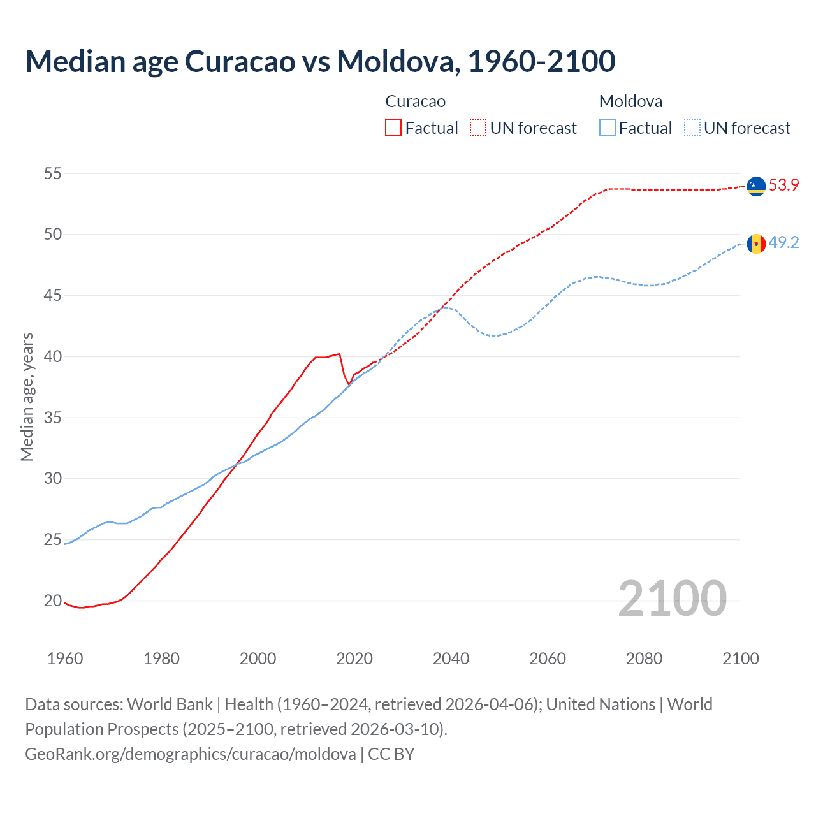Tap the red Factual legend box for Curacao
pyautogui.click(x=393, y=127)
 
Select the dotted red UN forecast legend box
pyautogui.click(x=478, y=127)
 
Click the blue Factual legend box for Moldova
pyautogui.click(x=608, y=127)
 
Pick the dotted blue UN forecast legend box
pyautogui.click(x=692, y=127)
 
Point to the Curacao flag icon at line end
pyautogui.click(x=756, y=186)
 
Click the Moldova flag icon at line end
pyautogui.click(x=756, y=244)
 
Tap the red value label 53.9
pyautogui.click(x=783, y=186)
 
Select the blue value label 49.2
pyautogui.click(x=783, y=243)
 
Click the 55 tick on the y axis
pyautogui.click(x=53, y=173)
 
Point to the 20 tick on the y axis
pyautogui.click(x=53, y=601)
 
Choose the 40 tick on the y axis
pyautogui.click(x=53, y=356)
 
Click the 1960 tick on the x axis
pyautogui.click(x=65, y=659)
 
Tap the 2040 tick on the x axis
pyautogui.click(x=451, y=659)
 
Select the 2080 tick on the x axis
pyautogui.click(x=644, y=659)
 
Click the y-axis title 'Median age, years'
pyautogui.click(x=27, y=397)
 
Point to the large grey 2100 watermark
pyautogui.click(x=672, y=598)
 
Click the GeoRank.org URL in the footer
pyautogui.click(x=191, y=754)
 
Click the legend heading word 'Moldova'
pyautogui.click(x=630, y=101)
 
